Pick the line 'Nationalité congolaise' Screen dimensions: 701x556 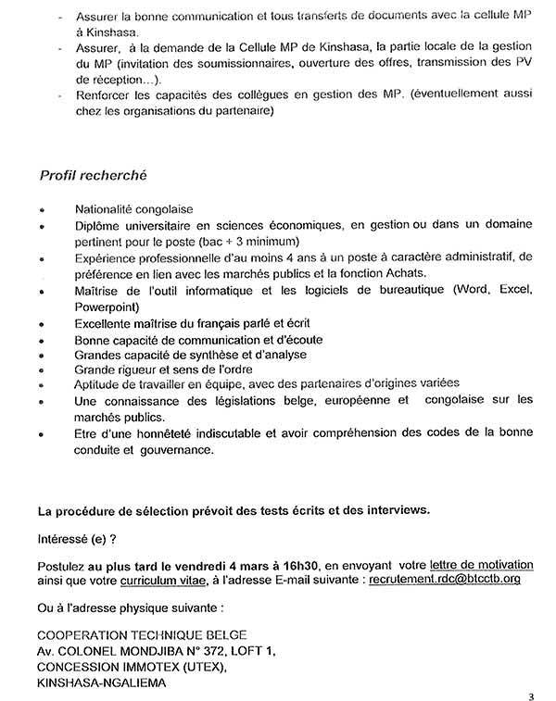[130, 209]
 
